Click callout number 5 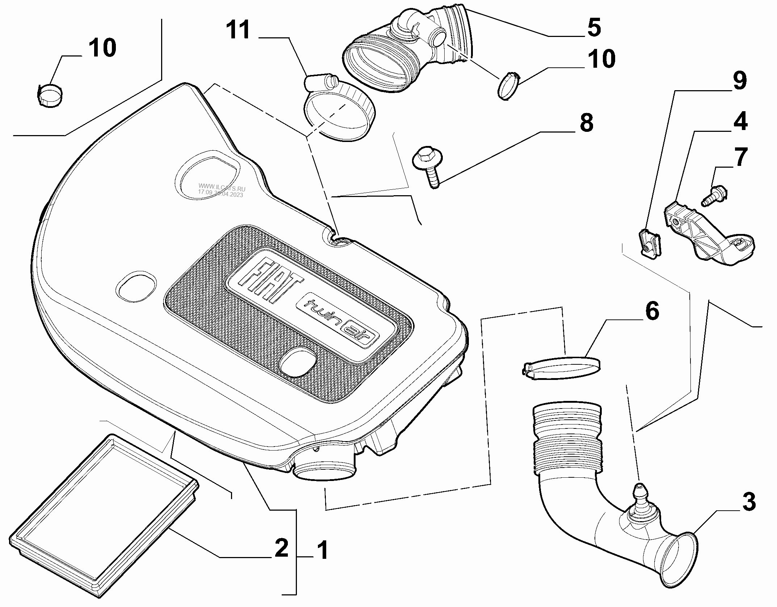click(594, 27)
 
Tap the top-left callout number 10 click(102, 47)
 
